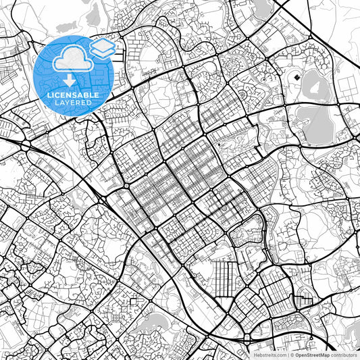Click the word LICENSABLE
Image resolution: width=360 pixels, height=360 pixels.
coord(73,95)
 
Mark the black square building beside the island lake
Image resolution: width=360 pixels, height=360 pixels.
coord(297,80)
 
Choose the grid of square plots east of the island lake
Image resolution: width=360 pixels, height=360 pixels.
coord(341,84)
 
